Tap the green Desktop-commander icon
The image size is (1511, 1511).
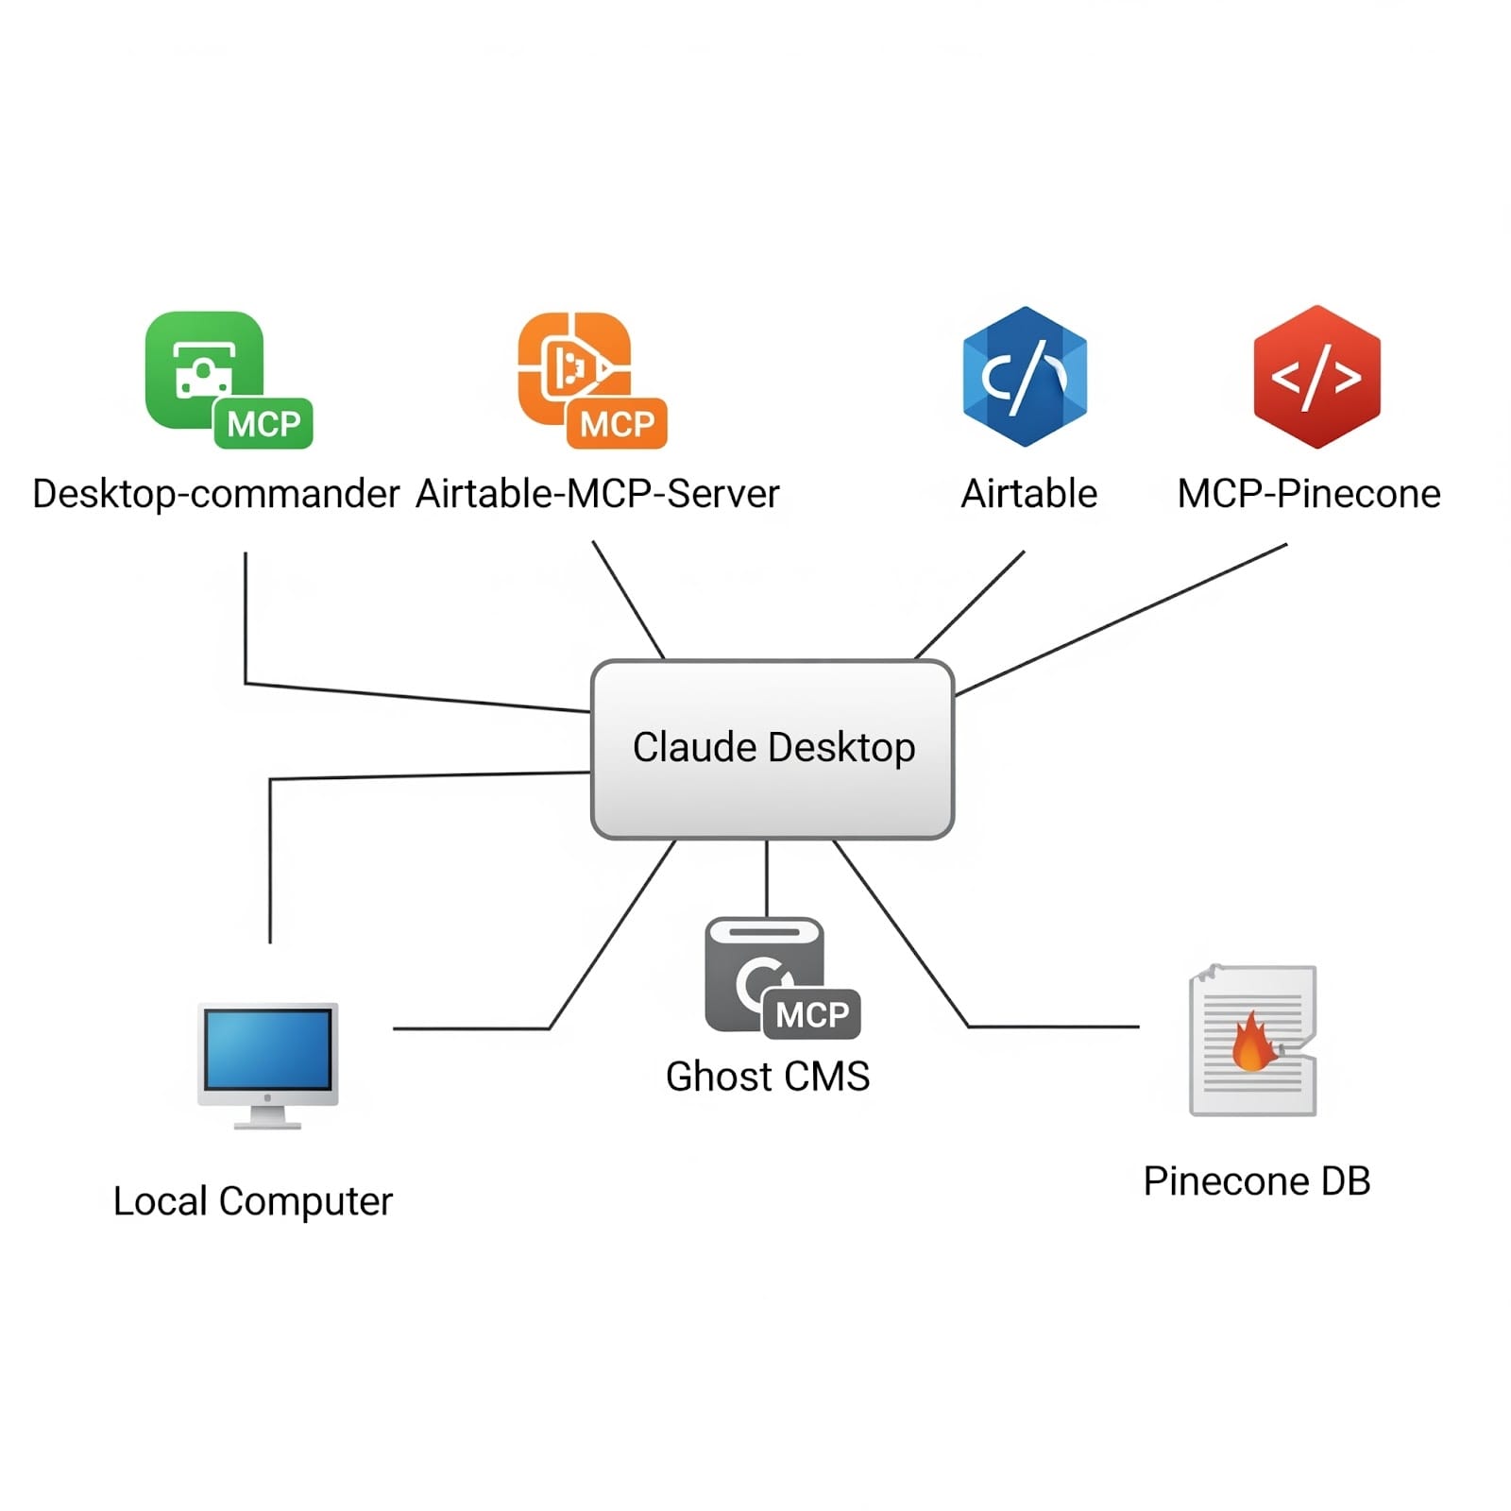203,368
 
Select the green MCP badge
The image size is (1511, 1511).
263,424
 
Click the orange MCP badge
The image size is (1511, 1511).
617,424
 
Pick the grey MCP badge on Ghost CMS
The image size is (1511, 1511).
811,1014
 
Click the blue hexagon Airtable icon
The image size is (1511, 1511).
1025,376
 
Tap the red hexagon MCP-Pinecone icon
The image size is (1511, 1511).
1316,376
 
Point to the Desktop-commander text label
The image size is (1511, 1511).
215,494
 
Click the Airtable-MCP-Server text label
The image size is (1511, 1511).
598,494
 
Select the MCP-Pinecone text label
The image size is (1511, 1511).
1308,494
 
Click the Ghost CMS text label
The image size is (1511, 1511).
767,1077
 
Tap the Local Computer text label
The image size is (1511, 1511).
252,1201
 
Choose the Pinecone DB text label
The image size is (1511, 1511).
1256,1181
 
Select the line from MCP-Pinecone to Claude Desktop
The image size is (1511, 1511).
1124,619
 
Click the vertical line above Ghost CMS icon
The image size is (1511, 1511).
766,878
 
